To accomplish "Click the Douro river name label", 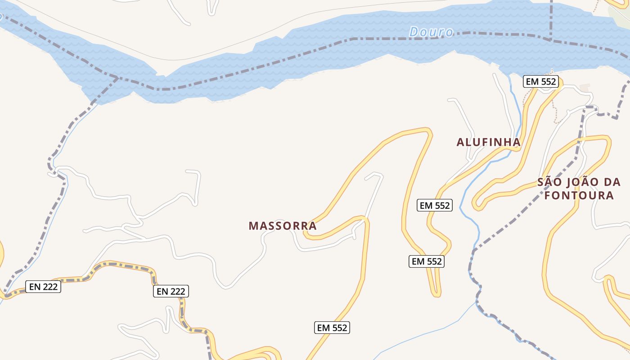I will click(431, 32).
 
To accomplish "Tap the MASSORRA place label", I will click(283, 225).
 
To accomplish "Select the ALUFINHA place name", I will click(488, 142).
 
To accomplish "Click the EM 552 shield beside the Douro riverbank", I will click(541, 82).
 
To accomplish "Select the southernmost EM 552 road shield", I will click(333, 328).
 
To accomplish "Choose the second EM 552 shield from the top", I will click(435, 205).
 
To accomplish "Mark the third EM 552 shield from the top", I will click(427, 261).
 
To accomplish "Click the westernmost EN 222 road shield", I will click(43, 287).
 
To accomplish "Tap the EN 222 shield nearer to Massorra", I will click(171, 291).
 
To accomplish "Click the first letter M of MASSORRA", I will click(252, 225).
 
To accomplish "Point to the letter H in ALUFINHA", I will click(506, 142).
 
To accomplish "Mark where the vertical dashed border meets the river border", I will click(551, 40).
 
